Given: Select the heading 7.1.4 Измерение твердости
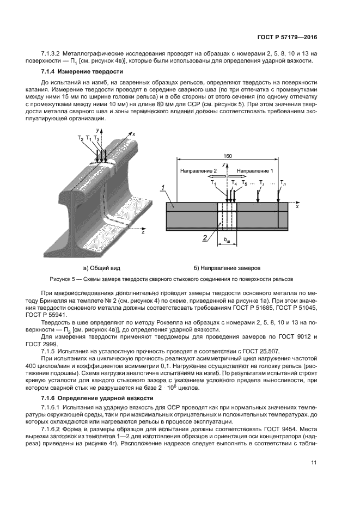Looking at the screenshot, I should coord(82,72).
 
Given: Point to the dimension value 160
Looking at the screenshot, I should coord(228,156).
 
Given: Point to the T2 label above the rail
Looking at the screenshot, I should coord(81,139).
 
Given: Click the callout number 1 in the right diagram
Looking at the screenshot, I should coord(163,188).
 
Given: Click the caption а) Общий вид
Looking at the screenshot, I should coord(101,268).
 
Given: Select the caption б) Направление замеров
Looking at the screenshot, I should coord(227,268).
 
